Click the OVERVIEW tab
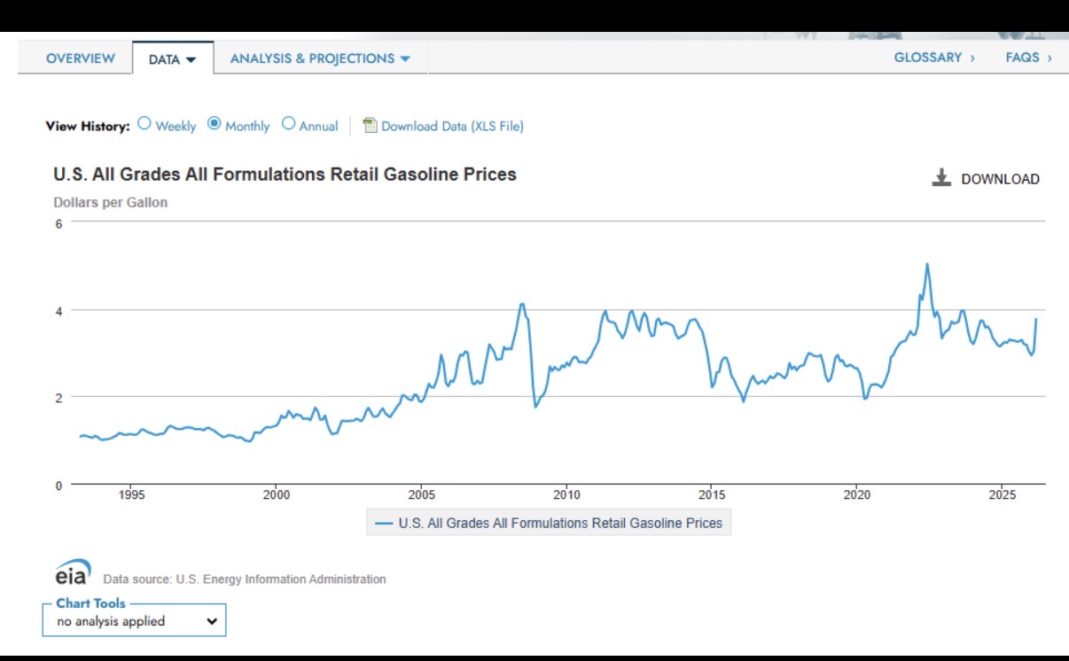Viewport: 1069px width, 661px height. point(80,58)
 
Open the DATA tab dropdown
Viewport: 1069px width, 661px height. point(172,59)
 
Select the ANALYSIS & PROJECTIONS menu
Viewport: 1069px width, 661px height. point(320,58)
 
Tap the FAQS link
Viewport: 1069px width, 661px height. point(1028,58)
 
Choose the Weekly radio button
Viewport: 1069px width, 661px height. point(144,124)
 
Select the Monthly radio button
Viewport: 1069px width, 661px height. point(215,124)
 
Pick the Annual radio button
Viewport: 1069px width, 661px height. point(288,124)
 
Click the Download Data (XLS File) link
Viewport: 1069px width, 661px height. point(452,126)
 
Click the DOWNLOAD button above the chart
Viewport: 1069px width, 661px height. point(986,178)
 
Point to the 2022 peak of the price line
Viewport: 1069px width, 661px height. point(926,264)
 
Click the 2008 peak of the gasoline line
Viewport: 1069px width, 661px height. point(522,305)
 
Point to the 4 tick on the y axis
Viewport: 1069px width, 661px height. point(59,310)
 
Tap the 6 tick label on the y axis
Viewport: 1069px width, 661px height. point(59,223)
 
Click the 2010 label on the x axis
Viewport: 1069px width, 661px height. point(566,494)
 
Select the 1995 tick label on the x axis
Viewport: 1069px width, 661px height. point(130,494)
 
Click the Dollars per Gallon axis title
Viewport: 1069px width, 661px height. point(110,202)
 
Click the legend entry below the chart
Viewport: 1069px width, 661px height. point(549,523)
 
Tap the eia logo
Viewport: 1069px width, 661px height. point(73,572)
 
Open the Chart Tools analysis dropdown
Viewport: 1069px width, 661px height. point(134,621)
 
